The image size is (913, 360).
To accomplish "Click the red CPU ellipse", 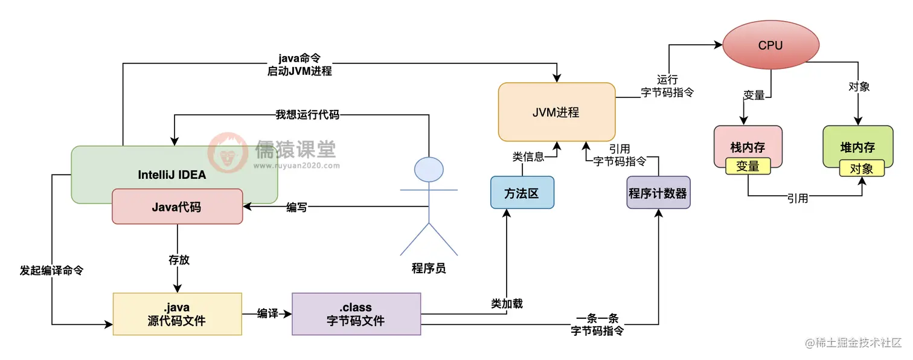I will [770, 46].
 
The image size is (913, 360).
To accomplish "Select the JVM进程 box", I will [556, 112].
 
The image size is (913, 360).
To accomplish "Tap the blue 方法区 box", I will [522, 193].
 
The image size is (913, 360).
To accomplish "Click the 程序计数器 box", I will [658, 193].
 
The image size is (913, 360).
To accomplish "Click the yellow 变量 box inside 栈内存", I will [748, 166].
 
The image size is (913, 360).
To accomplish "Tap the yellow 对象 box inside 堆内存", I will [862, 168].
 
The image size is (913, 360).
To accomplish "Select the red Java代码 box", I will [177, 207].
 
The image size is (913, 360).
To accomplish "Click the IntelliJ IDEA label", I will [172, 175].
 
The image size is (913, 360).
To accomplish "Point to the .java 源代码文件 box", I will [177, 314].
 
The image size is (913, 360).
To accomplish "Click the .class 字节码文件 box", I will [356, 314].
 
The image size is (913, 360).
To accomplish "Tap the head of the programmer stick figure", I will [429, 169].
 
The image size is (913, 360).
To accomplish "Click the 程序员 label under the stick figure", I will [429, 268].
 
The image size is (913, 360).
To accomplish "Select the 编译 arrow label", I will [267, 314].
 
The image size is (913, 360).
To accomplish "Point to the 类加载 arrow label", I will [507, 303].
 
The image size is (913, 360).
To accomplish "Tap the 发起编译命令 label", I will [51, 270].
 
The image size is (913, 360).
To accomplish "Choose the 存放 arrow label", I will [178, 260].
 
